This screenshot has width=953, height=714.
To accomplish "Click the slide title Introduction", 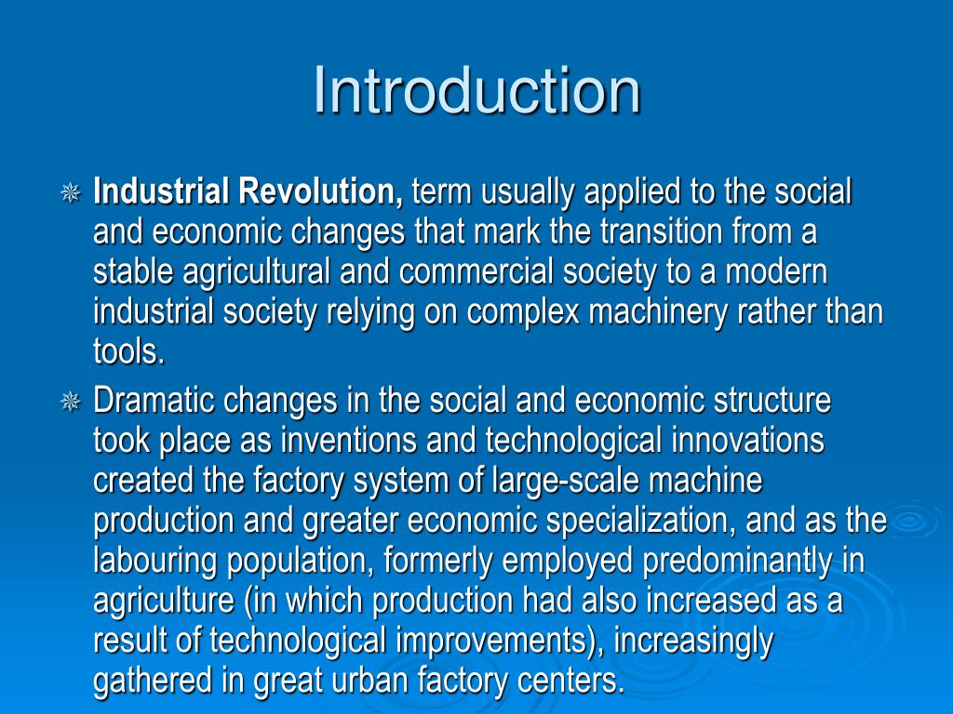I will pos(476,91).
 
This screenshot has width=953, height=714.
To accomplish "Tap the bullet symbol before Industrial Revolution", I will pos(70,193).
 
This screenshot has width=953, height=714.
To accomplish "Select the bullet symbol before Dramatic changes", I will pos(70,402).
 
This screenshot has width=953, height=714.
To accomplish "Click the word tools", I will pos(128,352).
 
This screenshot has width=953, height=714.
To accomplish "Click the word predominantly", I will pos(732,562).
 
